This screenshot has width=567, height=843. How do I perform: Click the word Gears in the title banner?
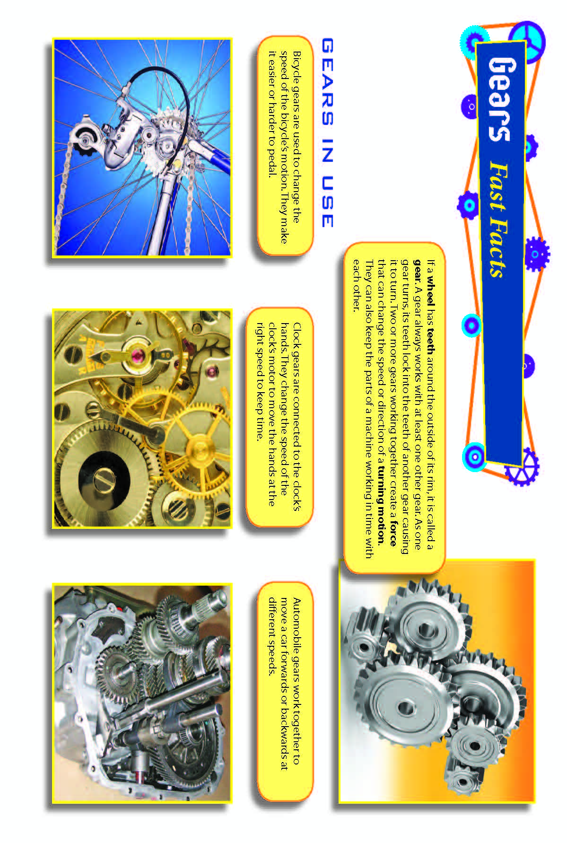click(x=500, y=99)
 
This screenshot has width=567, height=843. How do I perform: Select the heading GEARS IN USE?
click(x=327, y=133)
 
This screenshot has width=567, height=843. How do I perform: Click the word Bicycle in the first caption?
click(x=297, y=66)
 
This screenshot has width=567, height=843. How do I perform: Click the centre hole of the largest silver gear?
click(x=405, y=708)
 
